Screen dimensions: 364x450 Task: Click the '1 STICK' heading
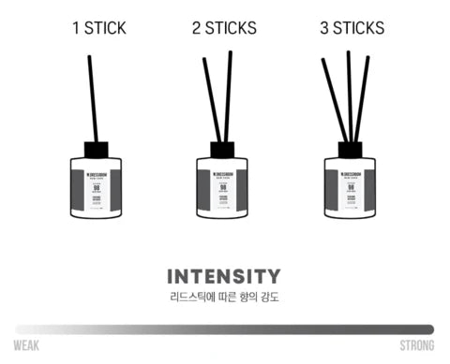click(x=97, y=27)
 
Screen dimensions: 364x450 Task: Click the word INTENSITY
click(x=223, y=277)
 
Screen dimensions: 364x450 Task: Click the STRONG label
click(x=415, y=346)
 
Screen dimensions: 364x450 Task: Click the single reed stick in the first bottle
click(x=91, y=94)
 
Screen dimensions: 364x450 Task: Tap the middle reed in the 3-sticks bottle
click(x=350, y=94)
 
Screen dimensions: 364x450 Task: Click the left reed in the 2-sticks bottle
click(x=211, y=98)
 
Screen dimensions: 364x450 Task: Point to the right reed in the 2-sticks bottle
click(x=228, y=94)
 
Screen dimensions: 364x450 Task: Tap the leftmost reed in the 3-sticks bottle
click(x=333, y=98)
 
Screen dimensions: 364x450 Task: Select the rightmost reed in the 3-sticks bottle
click(x=362, y=98)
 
